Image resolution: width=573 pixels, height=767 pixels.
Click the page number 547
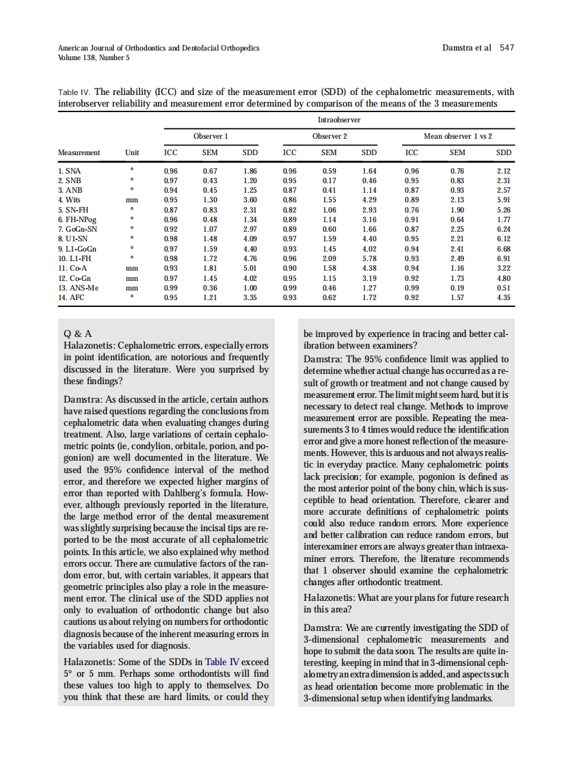point(507,48)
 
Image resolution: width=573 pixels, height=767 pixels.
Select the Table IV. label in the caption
point(75,92)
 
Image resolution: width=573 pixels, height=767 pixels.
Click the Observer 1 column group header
point(210,136)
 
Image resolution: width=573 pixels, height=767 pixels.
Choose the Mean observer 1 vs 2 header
point(458,136)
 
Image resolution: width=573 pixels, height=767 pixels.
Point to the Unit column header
point(132,152)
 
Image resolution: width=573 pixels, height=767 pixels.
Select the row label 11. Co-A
point(72,269)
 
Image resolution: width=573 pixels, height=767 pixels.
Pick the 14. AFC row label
point(71,298)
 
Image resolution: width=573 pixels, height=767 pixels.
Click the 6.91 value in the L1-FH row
point(503,258)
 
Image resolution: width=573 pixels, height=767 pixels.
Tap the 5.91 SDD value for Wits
point(503,199)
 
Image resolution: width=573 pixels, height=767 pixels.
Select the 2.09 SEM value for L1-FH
point(329,258)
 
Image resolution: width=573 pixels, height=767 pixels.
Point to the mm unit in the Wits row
point(132,199)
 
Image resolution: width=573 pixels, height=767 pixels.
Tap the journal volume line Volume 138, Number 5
point(94,57)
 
